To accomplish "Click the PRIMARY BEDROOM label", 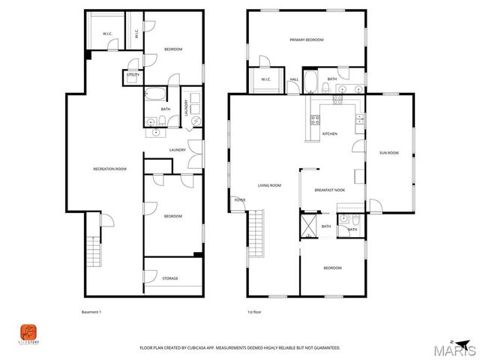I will tap(307, 39).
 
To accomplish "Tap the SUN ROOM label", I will tap(388, 152).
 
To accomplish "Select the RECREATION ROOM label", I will tap(109, 169).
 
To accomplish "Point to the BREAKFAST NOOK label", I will tap(329, 190).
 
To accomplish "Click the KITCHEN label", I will tap(330, 133).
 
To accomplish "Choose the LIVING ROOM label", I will tap(269, 185).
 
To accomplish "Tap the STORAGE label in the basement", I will tap(170, 278).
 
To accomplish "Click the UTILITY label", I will tap(133, 75).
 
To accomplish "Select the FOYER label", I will tap(240, 200).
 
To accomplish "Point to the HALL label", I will tap(294, 79).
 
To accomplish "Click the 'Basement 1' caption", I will tap(90, 312).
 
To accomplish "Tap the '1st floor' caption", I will tap(256, 312).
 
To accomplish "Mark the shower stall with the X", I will tap(308, 226).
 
